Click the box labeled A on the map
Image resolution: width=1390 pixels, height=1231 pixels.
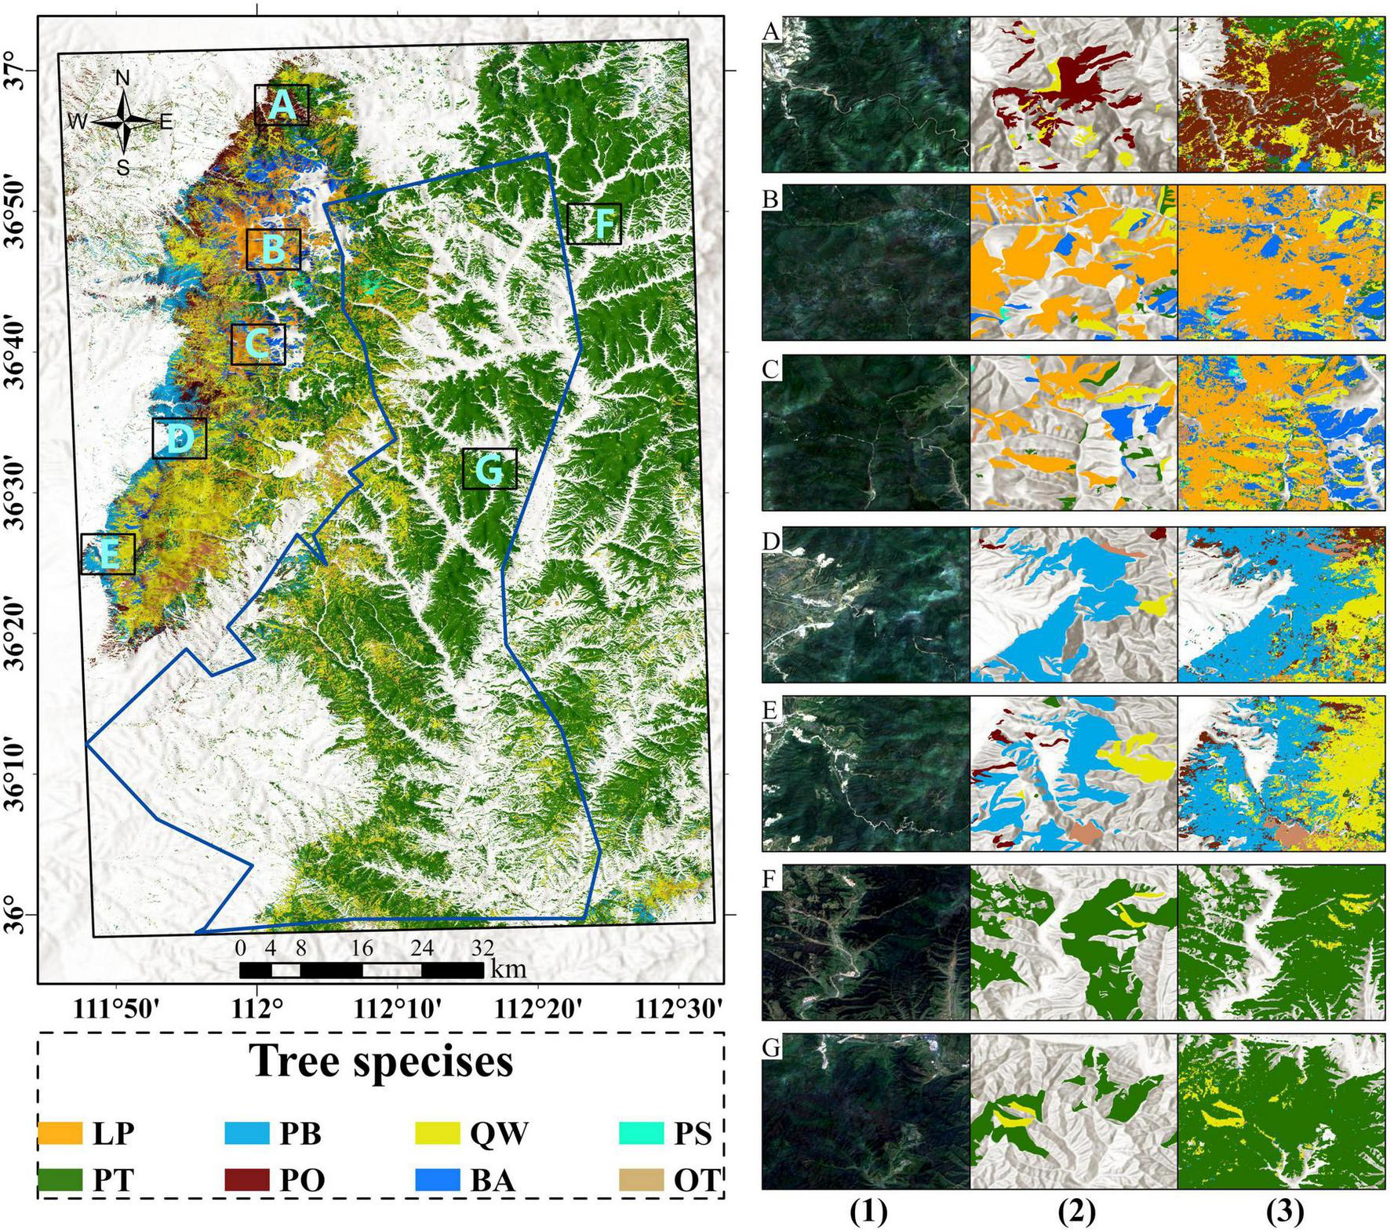(x=282, y=105)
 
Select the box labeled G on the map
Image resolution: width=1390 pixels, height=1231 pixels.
(x=489, y=469)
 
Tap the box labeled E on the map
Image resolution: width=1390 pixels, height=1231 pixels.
(x=107, y=554)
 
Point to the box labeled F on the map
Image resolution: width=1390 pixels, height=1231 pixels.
(x=594, y=224)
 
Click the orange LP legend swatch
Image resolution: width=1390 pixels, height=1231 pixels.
(x=60, y=1132)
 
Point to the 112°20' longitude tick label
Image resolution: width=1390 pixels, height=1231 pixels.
(x=538, y=1008)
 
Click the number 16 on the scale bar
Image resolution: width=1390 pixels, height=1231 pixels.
(x=362, y=948)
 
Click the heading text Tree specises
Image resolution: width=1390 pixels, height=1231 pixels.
(x=381, y=1062)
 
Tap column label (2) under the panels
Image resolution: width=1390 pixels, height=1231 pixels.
(x=1075, y=1213)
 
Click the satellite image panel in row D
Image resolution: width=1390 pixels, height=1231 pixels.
(x=866, y=604)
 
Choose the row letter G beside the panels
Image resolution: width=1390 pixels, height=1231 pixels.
(x=772, y=1048)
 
